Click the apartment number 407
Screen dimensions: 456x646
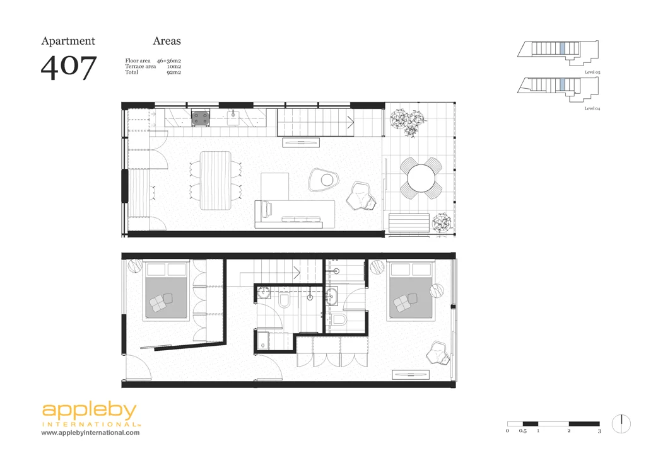[x=69, y=67]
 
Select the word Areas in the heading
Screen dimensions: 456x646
[x=167, y=41]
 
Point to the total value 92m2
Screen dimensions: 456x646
[x=174, y=72]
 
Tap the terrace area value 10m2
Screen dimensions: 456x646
[x=174, y=66]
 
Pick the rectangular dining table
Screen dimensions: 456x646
[x=215, y=180]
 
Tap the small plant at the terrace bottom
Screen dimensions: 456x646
[x=442, y=222]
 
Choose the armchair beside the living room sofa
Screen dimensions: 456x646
[x=363, y=195]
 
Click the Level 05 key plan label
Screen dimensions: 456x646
[x=592, y=73]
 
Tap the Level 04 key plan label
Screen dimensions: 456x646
[x=592, y=109]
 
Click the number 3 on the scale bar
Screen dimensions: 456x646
[x=599, y=431]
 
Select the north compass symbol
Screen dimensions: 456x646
[x=621, y=423]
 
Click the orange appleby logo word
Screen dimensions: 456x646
[x=89, y=412]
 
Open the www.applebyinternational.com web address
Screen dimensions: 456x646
[x=91, y=433]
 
